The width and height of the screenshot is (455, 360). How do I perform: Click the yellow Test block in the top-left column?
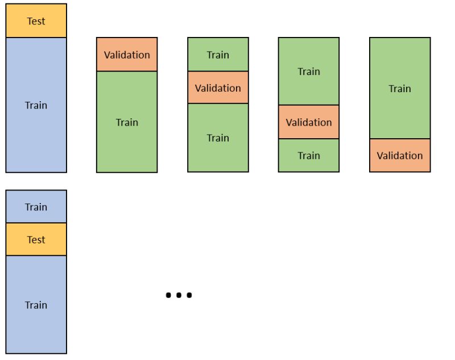pyautogui.click(x=36, y=21)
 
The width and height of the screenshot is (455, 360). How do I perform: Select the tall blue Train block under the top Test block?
pyautogui.click(x=36, y=105)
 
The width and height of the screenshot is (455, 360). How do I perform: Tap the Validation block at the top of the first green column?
pyautogui.click(x=127, y=55)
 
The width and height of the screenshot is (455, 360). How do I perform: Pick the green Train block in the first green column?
pyautogui.click(x=127, y=122)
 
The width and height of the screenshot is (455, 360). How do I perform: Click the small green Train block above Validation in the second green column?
pyautogui.click(x=218, y=55)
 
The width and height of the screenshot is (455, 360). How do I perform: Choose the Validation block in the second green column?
pyautogui.click(x=218, y=88)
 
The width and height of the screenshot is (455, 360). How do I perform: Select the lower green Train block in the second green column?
pyautogui.click(x=218, y=138)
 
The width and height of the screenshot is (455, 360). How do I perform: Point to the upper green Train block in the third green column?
pyautogui.click(x=309, y=71)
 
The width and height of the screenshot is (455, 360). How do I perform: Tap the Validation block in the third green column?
pyautogui.click(x=309, y=122)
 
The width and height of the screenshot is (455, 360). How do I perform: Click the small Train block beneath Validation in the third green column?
pyautogui.click(x=309, y=155)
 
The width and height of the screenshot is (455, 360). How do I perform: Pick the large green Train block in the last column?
pyautogui.click(x=400, y=88)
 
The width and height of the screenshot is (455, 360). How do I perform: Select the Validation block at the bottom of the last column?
pyautogui.click(x=400, y=155)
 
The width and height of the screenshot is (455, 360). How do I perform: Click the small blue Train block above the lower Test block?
pyautogui.click(x=36, y=206)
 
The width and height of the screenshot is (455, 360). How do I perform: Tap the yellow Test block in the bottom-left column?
pyautogui.click(x=36, y=239)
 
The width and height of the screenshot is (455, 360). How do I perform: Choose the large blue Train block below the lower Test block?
pyautogui.click(x=36, y=305)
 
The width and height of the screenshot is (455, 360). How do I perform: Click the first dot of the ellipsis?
pyautogui.click(x=168, y=295)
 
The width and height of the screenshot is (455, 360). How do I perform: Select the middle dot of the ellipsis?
pyautogui.click(x=179, y=295)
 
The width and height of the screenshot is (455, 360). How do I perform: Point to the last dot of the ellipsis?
pyautogui.click(x=189, y=295)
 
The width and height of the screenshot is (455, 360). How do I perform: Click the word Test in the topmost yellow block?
pyautogui.click(x=36, y=21)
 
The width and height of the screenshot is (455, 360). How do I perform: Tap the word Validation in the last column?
pyautogui.click(x=400, y=155)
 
